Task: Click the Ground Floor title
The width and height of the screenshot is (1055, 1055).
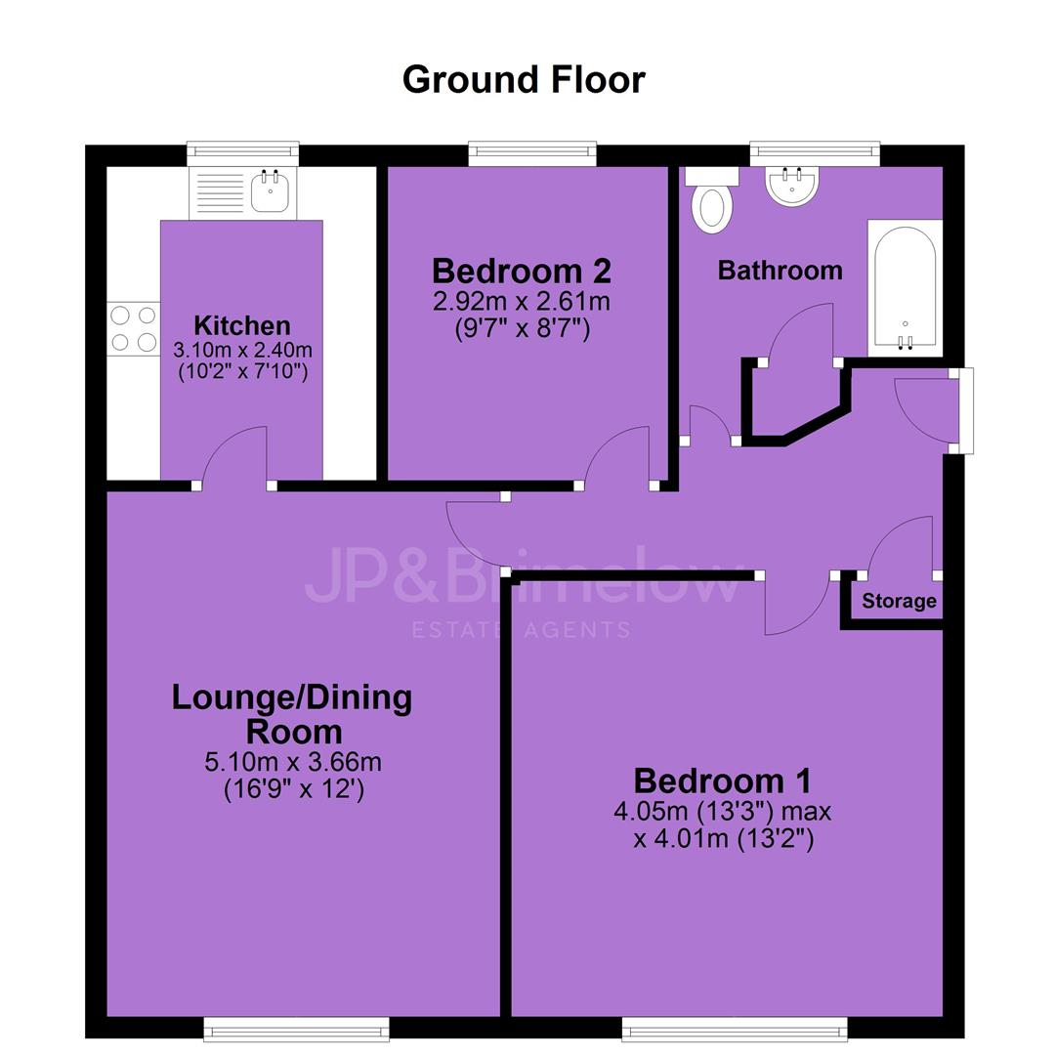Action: pos(524,79)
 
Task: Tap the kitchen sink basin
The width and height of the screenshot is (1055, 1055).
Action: pos(270,191)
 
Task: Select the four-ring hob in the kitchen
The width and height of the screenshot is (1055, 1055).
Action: pos(133,328)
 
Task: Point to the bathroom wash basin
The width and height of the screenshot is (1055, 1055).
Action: pos(792,185)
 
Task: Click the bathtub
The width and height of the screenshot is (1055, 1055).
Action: pos(905,288)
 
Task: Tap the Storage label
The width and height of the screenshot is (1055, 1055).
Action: pos(899,601)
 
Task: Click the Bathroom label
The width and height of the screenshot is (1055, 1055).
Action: pos(780,271)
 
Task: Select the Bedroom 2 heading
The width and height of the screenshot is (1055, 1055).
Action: pos(522,272)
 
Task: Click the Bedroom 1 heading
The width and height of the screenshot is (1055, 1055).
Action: pos(722,781)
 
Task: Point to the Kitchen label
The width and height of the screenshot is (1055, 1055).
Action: pos(242,325)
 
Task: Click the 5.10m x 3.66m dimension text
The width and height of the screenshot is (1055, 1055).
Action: pos(293,762)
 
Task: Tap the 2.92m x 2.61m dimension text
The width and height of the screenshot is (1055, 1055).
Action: pos(522,302)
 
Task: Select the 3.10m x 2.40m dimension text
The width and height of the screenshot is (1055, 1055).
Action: pos(242,350)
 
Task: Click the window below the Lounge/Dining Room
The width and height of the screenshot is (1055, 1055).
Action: pos(297,1029)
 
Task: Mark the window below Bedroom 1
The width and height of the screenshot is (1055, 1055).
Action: pos(735,1029)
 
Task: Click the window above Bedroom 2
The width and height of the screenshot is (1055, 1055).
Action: pos(532,153)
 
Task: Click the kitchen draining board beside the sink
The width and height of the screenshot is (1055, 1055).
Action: pos(220,193)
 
